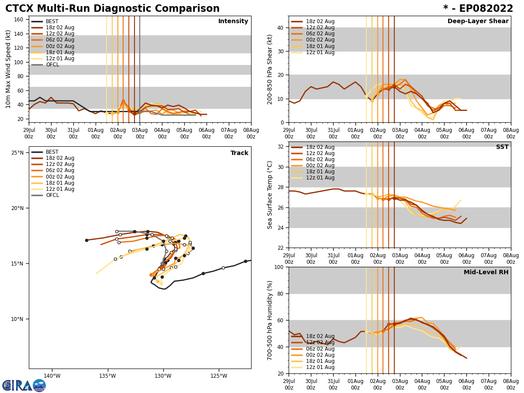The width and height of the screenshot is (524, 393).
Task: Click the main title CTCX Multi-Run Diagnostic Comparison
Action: click(112, 9)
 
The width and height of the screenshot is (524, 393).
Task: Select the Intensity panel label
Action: click(233, 21)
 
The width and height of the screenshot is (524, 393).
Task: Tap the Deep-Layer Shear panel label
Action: click(478, 21)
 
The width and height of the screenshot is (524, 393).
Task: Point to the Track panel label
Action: click(239, 153)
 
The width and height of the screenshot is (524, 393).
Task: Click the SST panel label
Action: click(502, 147)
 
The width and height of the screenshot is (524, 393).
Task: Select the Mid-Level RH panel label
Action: click(486, 272)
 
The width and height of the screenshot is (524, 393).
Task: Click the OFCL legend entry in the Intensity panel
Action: click(52, 65)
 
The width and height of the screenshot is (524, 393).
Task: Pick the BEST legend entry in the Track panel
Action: click(52, 152)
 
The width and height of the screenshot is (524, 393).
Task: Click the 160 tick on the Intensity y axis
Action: click(19, 19)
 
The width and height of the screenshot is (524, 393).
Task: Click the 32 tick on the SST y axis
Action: click(280, 146)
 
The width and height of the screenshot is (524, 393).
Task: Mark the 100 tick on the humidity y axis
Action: click(279, 267)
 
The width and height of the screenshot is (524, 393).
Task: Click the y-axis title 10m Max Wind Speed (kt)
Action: click(8, 69)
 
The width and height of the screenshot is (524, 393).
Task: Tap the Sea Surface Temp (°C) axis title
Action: click(270, 194)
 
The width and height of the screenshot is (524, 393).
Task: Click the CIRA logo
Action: click(24, 386)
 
